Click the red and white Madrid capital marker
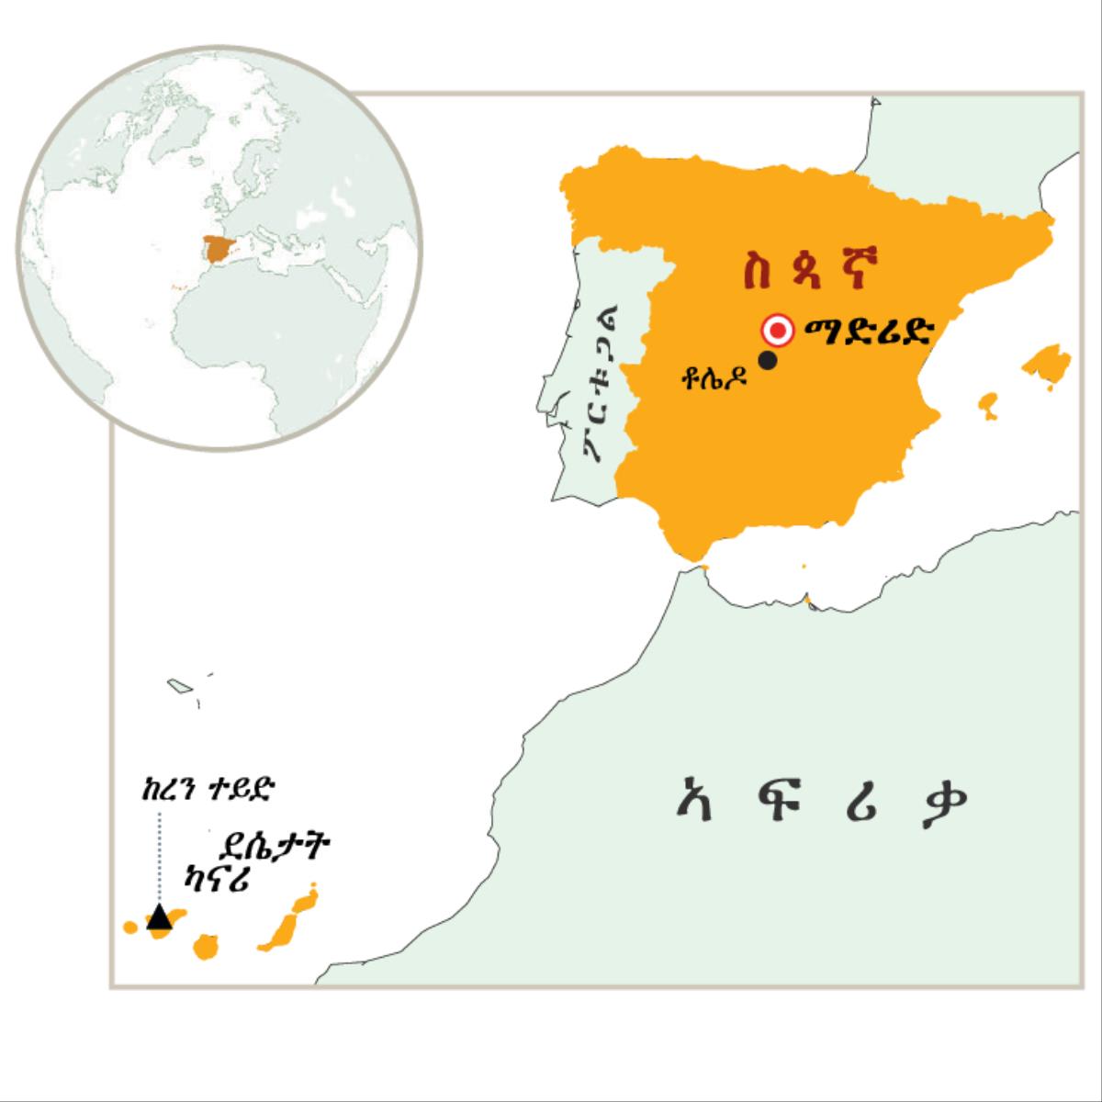click(x=779, y=330)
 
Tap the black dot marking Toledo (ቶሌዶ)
click(x=768, y=361)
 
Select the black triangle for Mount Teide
click(x=160, y=916)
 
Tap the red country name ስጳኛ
click(x=811, y=273)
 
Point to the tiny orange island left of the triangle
click(x=130, y=928)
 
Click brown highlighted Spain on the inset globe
click(x=218, y=248)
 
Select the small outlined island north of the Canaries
click(x=178, y=685)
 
